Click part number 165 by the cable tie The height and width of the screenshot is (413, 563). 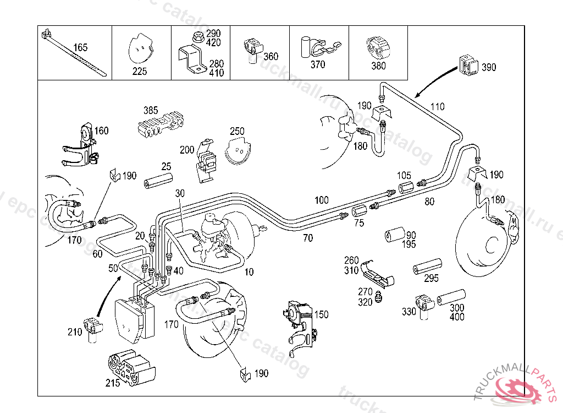(80, 47)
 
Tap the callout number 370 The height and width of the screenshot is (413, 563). (318, 64)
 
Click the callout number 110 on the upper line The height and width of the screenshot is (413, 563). (437, 107)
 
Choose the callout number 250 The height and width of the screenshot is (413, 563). (237, 132)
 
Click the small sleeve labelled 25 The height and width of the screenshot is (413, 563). (158, 181)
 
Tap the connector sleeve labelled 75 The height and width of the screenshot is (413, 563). (360, 210)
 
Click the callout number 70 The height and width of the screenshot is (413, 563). (308, 238)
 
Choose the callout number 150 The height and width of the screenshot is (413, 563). (322, 314)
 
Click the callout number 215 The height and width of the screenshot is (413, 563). (113, 383)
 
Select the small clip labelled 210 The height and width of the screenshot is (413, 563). (93, 327)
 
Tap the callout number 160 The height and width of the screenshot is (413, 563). (102, 131)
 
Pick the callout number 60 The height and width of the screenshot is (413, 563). (98, 253)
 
